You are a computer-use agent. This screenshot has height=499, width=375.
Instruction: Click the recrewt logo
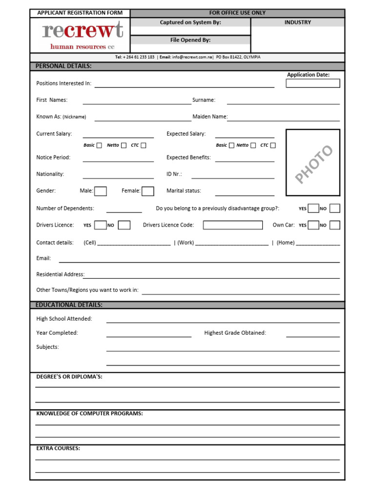click(82, 35)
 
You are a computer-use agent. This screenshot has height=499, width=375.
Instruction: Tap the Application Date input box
click(312, 83)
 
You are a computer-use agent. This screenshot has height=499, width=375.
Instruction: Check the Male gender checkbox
click(101, 191)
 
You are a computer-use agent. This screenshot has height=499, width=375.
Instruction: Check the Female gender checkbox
click(148, 191)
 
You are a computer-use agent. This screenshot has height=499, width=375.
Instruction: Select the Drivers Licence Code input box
click(232, 225)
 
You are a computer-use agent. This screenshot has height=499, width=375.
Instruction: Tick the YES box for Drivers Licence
click(101, 225)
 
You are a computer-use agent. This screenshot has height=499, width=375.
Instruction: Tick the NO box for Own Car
click(334, 225)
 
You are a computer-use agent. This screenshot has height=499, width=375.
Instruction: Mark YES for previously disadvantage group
click(313, 209)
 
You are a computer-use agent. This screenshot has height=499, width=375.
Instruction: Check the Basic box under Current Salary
click(99, 145)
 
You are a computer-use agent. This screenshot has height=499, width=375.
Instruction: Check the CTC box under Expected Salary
click(273, 145)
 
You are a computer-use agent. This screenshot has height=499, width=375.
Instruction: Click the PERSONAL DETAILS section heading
click(63, 66)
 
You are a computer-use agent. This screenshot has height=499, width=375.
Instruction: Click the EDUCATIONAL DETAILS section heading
click(69, 305)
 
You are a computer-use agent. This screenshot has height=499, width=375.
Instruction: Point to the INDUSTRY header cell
click(297, 22)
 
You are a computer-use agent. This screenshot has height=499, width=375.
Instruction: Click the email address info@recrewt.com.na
click(192, 57)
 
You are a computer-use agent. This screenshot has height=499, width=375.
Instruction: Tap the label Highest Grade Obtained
click(235, 333)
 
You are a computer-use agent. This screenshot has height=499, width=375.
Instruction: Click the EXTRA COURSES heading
click(58, 448)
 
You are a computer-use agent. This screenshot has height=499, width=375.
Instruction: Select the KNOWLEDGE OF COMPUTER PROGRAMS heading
click(89, 414)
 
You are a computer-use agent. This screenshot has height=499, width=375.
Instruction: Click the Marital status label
click(184, 191)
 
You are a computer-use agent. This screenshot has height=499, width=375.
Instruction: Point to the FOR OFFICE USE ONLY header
click(237, 13)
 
